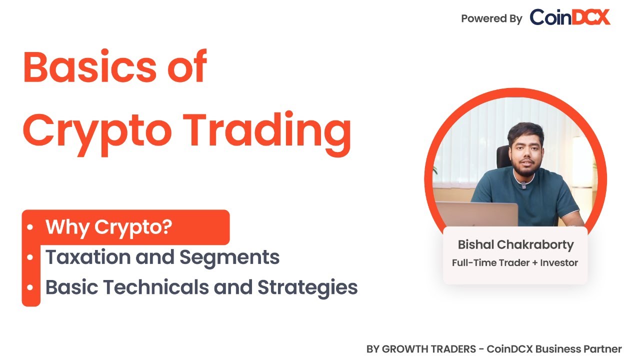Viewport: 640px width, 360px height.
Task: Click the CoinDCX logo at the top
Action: [x=570, y=17]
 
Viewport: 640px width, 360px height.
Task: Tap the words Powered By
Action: [x=491, y=19]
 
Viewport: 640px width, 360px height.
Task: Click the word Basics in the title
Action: [x=90, y=67]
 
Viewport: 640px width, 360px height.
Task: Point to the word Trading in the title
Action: [x=267, y=133]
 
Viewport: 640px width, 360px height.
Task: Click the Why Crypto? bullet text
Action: [x=109, y=227]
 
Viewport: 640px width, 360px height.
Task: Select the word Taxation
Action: [x=88, y=257]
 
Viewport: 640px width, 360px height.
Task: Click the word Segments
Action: [x=229, y=257]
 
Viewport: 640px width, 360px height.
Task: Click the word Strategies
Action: [x=307, y=287]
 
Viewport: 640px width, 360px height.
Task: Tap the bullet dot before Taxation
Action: [x=30, y=257]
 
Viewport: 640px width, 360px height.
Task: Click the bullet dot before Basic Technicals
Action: [x=30, y=287]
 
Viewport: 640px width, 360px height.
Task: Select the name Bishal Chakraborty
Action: [x=515, y=245]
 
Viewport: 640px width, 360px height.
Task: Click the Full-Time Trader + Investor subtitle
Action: [x=515, y=262]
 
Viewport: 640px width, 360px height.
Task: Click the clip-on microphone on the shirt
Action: [x=523, y=185]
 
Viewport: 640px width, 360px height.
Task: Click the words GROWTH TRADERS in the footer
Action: [x=429, y=349]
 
